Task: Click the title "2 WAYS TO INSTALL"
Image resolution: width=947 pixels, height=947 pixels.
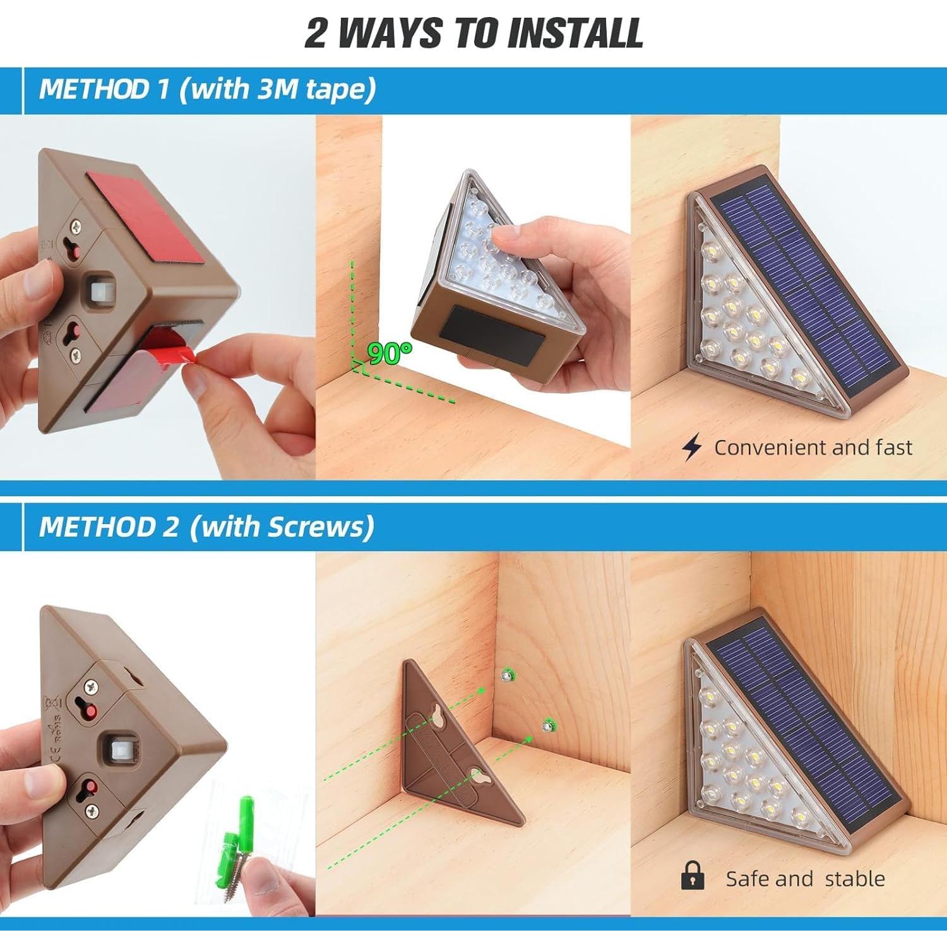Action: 473,33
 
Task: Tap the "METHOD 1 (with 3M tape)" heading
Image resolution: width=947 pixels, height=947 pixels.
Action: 207,89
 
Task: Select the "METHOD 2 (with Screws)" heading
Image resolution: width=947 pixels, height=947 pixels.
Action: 206,526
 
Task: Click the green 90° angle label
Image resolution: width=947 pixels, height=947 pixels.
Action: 389,354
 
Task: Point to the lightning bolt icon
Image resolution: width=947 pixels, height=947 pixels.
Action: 692,447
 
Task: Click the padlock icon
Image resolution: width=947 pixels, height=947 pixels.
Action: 693,876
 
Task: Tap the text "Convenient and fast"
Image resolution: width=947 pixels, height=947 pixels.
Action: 813,448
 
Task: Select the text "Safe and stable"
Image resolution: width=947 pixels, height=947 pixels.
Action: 805,878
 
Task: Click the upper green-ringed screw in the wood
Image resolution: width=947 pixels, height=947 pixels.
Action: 506,676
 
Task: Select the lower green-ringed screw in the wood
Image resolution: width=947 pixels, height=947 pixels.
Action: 547,726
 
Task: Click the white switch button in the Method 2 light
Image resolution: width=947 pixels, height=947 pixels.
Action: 115,749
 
